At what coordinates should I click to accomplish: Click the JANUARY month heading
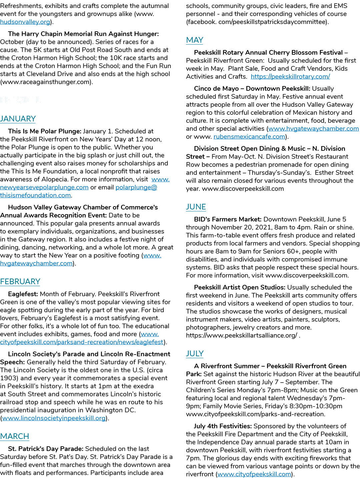[18, 119]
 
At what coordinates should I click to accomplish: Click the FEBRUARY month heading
[20, 282]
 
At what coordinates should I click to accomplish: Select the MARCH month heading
[15, 436]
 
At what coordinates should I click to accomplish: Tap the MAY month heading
[195, 40]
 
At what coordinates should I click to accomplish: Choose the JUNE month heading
[196, 207]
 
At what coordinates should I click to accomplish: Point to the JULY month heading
[195, 354]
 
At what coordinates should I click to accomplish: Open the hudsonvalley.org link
[25, 22]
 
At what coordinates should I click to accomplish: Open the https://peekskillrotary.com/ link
[290, 76]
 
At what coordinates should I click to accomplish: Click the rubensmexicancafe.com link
[249, 136]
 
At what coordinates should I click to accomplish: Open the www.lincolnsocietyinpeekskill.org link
[54, 418]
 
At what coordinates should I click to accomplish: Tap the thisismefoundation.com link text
[35, 195]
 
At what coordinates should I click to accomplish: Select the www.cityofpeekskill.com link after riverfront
[254, 474]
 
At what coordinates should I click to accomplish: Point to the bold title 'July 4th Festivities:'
[223, 426]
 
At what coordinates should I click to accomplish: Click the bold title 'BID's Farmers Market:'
[228, 219]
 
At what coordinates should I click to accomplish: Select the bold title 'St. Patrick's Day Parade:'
[46, 449]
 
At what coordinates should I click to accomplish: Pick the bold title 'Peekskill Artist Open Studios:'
[240, 287]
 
